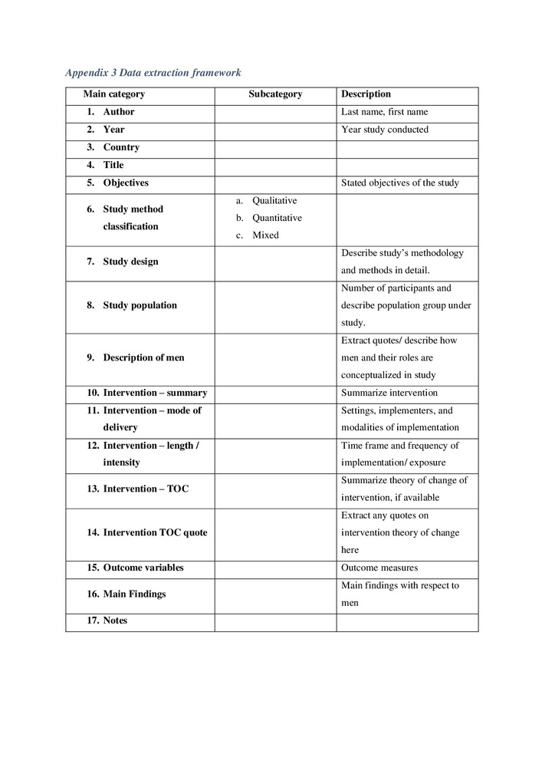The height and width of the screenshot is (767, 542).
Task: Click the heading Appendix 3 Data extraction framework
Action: (x=153, y=73)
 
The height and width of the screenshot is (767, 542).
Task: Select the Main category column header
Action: (x=114, y=94)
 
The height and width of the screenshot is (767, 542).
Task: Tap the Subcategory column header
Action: (x=275, y=94)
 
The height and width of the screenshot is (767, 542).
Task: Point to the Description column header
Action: (x=366, y=94)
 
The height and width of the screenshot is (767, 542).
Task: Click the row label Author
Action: (x=119, y=112)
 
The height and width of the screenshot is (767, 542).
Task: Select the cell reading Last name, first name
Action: (x=384, y=112)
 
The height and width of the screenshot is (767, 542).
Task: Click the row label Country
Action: (x=121, y=147)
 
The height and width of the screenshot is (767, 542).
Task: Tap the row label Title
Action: (x=113, y=165)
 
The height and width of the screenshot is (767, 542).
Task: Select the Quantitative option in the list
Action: (x=277, y=218)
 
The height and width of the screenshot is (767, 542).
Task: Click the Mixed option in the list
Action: (x=265, y=235)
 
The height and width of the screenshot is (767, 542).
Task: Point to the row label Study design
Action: (x=130, y=262)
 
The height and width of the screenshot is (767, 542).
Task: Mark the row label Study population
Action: (x=140, y=305)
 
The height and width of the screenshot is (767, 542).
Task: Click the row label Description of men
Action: (x=143, y=357)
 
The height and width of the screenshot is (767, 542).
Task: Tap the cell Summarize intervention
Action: (x=389, y=393)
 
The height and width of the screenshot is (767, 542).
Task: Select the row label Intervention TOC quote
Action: (x=155, y=532)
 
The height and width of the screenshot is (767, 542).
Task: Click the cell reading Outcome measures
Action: (x=379, y=568)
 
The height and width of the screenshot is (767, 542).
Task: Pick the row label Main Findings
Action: (x=134, y=594)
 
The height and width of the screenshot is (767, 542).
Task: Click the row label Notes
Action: (x=115, y=621)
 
